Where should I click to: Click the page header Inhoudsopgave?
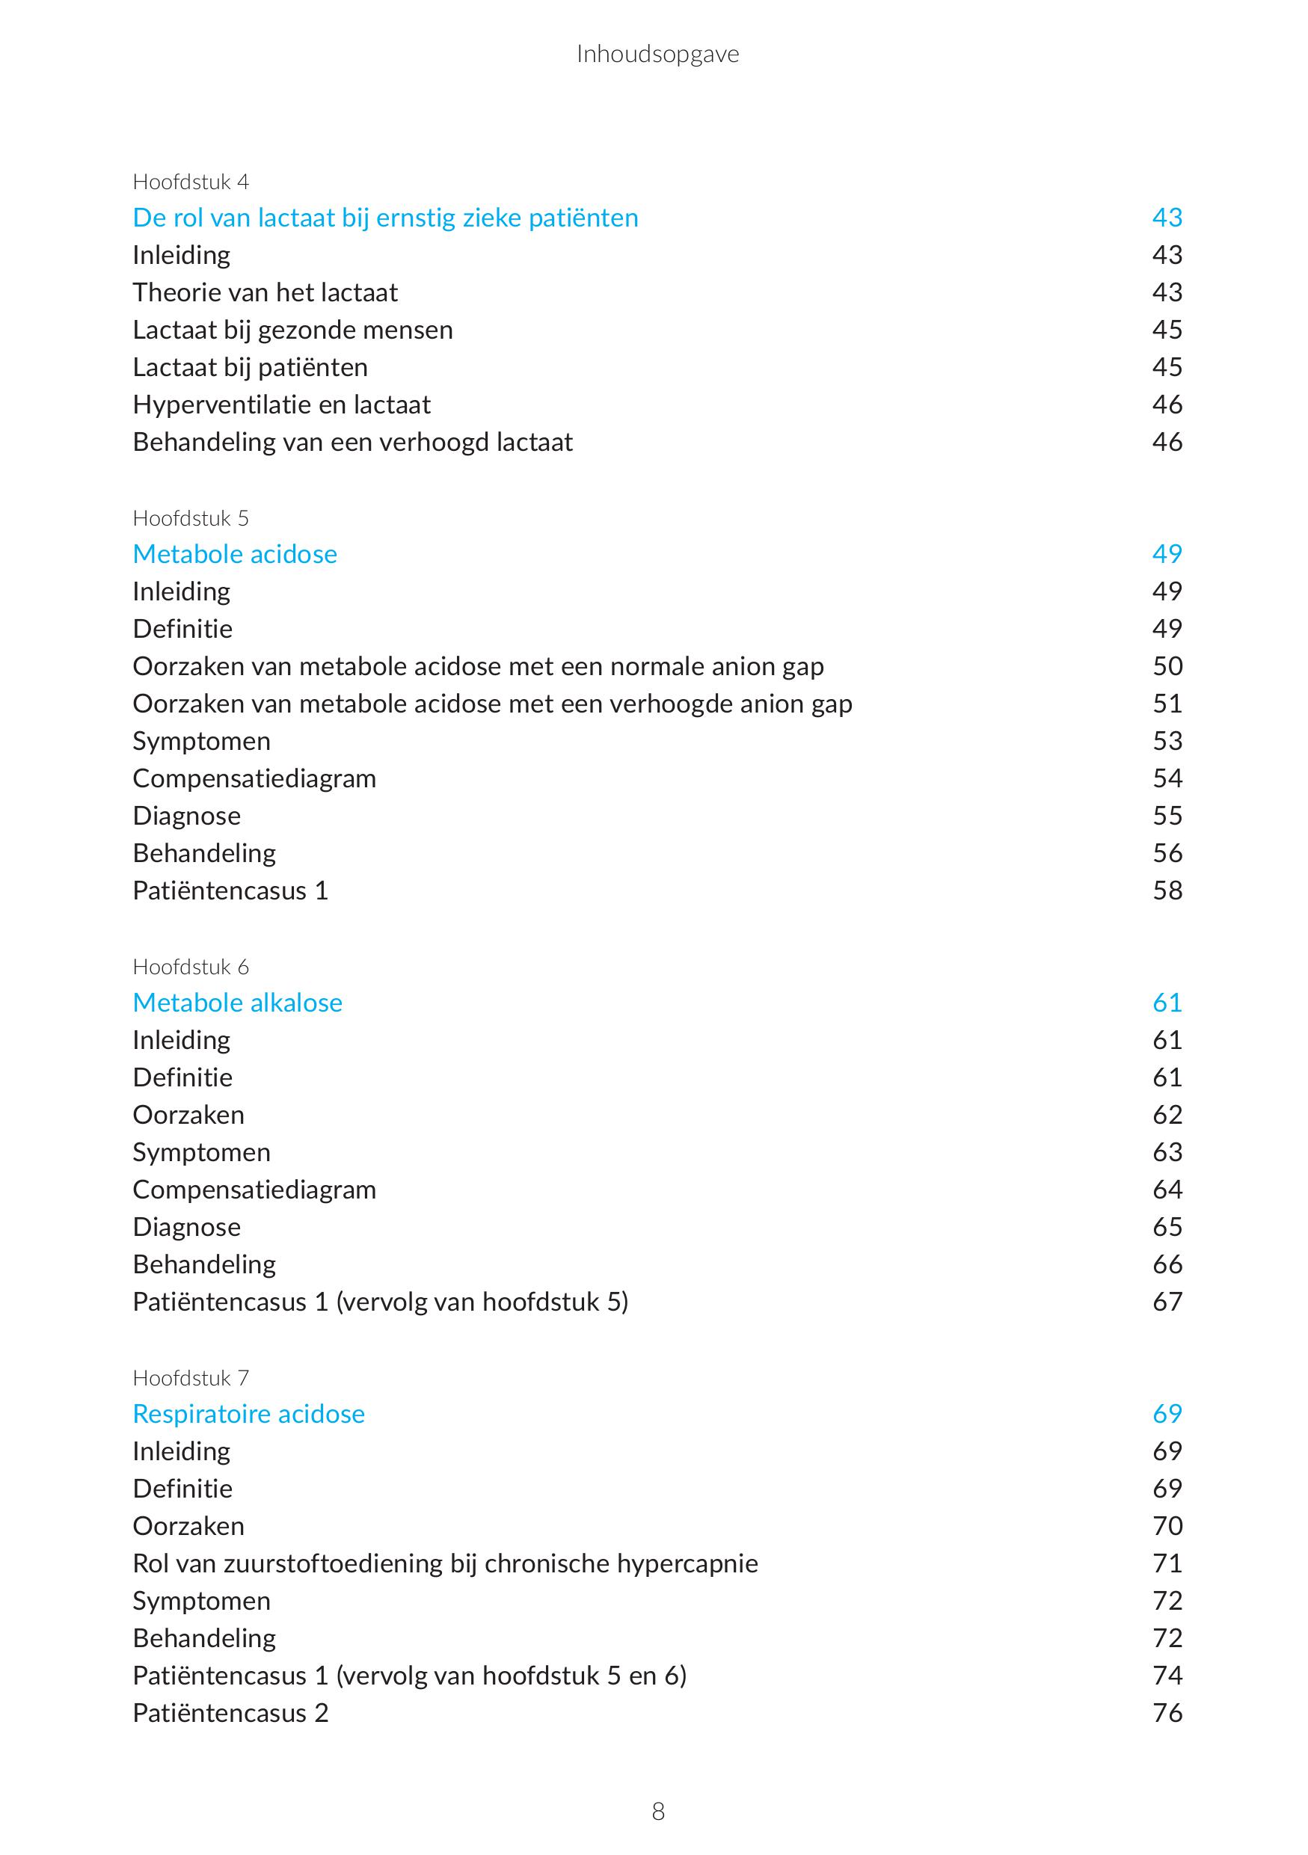click(x=657, y=54)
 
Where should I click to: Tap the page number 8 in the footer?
click(x=657, y=1812)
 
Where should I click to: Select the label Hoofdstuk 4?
click(x=191, y=182)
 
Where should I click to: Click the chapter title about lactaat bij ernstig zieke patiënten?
click(x=385, y=218)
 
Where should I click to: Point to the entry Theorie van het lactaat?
click(x=265, y=292)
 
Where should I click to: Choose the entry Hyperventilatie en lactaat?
click(x=281, y=404)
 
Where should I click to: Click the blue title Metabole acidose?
click(x=234, y=554)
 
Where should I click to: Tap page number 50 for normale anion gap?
click(x=1167, y=666)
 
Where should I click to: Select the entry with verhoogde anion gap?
click(x=492, y=704)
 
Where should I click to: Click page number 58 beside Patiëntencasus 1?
click(x=1167, y=890)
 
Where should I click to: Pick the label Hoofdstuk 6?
click(x=191, y=967)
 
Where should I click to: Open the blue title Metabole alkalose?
click(x=238, y=1003)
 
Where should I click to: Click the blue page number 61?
click(x=1167, y=1003)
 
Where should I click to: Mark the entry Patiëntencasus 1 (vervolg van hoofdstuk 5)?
click(x=380, y=1302)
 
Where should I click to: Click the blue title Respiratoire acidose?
click(x=249, y=1414)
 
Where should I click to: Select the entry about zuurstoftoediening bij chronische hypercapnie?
click(x=445, y=1563)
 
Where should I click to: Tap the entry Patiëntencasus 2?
click(x=230, y=1713)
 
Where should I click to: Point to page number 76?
click(x=1167, y=1713)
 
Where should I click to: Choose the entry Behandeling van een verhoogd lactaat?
click(x=352, y=442)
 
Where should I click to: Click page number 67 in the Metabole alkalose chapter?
click(x=1167, y=1302)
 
